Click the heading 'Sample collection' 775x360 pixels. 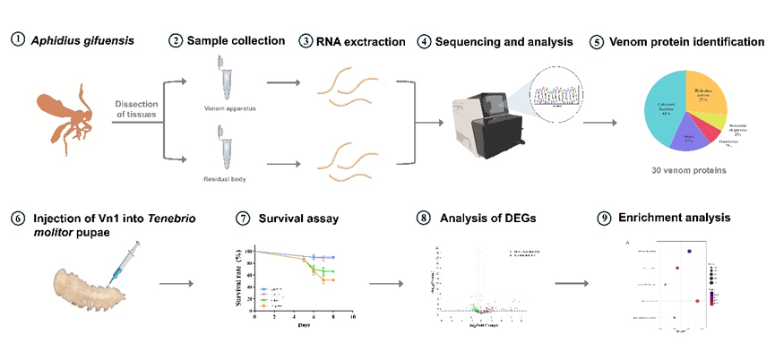(236, 41)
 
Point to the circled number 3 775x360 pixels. (306, 41)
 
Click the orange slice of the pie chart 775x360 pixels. (722, 94)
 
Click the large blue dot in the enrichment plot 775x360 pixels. (688, 252)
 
